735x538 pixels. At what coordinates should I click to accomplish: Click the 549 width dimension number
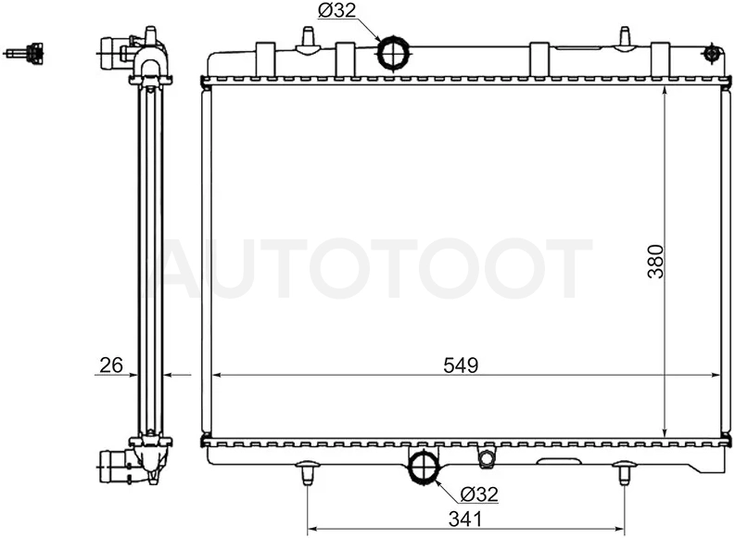click(461, 365)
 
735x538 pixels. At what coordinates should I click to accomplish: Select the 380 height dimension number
click(656, 262)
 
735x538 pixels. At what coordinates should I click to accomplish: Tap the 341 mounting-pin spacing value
click(465, 519)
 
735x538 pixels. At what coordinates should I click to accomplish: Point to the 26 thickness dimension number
click(111, 365)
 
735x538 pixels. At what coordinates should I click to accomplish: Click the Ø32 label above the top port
click(337, 10)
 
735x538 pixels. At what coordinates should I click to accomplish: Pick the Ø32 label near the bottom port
click(478, 493)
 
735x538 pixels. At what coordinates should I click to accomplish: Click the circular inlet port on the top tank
click(393, 53)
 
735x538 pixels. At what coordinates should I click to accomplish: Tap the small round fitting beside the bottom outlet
click(485, 457)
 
